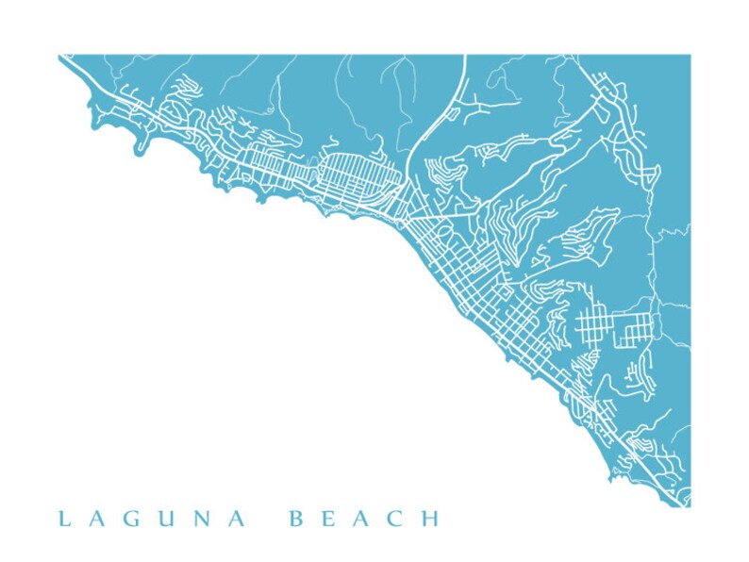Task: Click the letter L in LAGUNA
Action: [63, 519]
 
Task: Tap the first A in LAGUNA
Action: [96, 519]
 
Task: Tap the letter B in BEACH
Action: [295, 519]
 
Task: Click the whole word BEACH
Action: [362, 519]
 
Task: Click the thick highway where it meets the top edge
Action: [465, 58]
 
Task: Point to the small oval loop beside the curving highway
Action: [450, 114]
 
